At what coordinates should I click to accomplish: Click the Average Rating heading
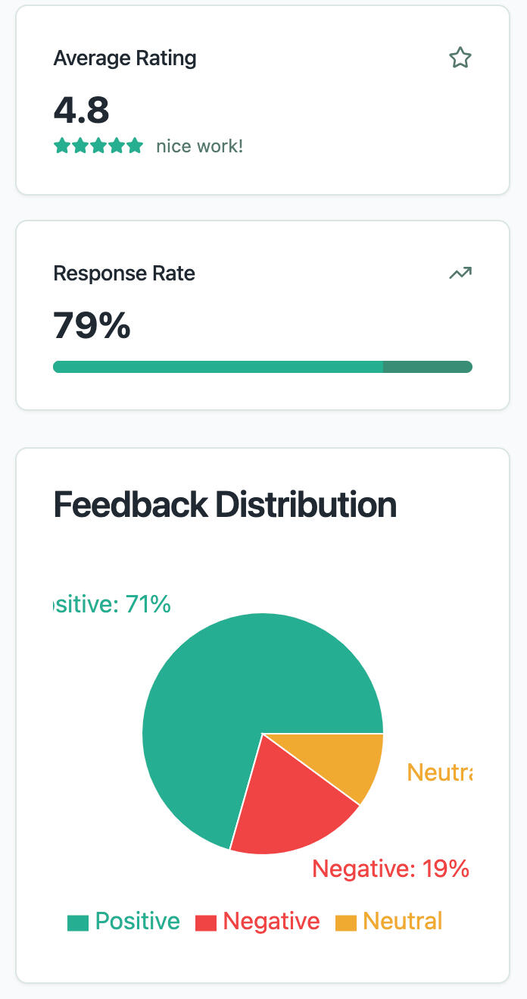point(125,58)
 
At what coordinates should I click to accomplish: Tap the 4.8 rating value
point(82,110)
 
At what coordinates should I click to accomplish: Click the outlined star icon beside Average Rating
point(460,58)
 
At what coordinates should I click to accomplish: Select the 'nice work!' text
point(200,146)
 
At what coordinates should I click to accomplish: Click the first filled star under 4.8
point(61,146)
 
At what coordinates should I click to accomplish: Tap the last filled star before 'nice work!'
point(135,146)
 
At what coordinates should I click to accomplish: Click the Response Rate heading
point(124,274)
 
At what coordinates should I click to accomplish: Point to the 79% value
point(92,325)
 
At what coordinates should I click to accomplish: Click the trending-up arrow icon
point(460,274)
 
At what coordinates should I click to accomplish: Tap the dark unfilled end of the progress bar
point(427,367)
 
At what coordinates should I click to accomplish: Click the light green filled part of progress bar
point(218,367)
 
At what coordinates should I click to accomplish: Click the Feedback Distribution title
point(225,504)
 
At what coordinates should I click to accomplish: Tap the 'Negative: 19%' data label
point(391,869)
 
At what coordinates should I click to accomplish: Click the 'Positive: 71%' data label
point(114,604)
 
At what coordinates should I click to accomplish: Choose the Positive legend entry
point(124,922)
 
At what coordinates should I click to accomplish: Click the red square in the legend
point(206,923)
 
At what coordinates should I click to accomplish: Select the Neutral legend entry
point(389,922)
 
